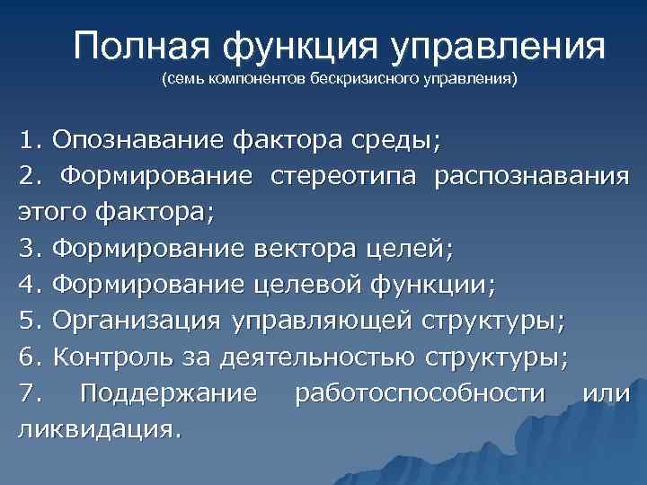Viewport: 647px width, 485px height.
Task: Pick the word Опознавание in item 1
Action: coord(139,140)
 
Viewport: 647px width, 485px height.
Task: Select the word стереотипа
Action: coord(343,177)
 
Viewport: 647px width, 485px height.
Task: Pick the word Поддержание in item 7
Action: coord(168,392)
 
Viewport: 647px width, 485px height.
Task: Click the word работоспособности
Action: coord(420,392)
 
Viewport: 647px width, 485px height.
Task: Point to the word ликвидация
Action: coord(98,428)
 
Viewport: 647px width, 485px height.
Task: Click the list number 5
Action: coord(25,321)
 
